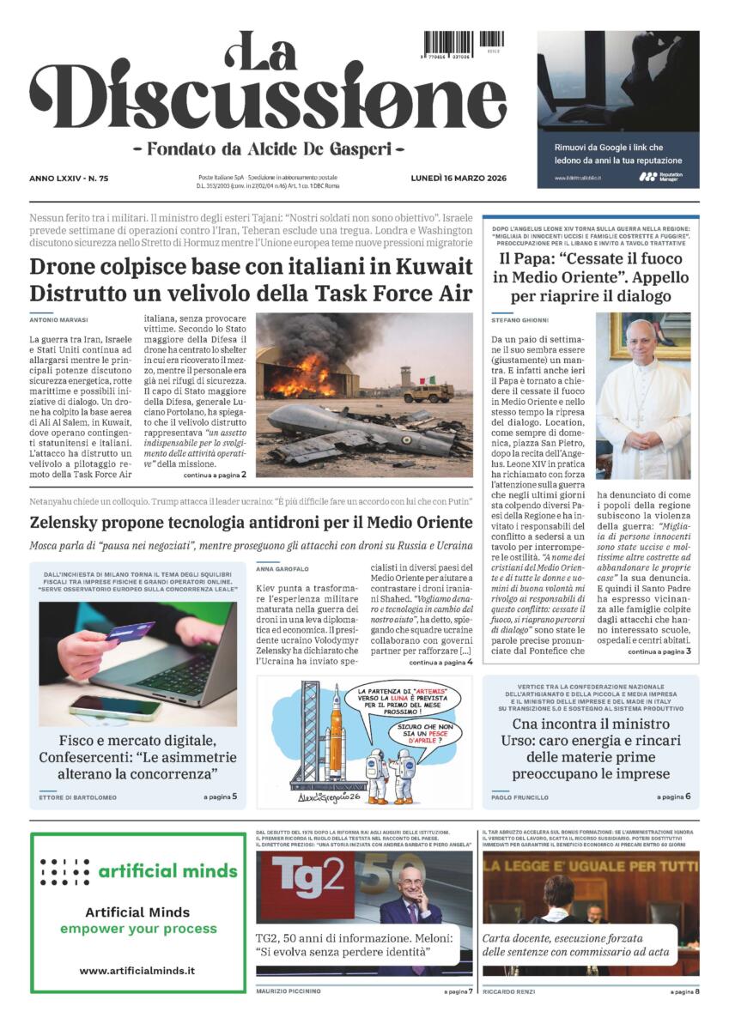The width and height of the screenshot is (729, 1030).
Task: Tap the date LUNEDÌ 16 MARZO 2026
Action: point(459,178)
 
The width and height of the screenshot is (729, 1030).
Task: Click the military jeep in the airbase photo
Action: point(428,392)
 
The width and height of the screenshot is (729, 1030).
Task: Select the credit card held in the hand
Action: point(131,632)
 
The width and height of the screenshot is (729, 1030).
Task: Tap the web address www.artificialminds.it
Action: point(137,970)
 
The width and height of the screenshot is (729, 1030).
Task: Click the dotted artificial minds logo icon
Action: point(64,871)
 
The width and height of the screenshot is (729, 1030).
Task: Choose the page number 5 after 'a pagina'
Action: point(234,797)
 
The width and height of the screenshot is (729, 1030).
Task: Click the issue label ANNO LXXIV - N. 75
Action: point(75,179)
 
